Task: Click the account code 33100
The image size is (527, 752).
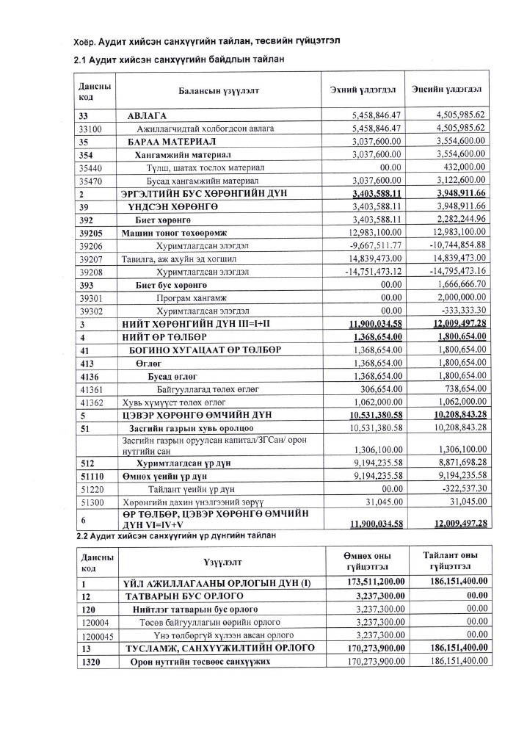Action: pyautogui.click(x=90, y=129)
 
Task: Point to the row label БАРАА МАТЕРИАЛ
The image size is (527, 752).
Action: pyautogui.click(x=162, y=141)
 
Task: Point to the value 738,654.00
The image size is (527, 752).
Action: pyautogui.click(x=460, y=388)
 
